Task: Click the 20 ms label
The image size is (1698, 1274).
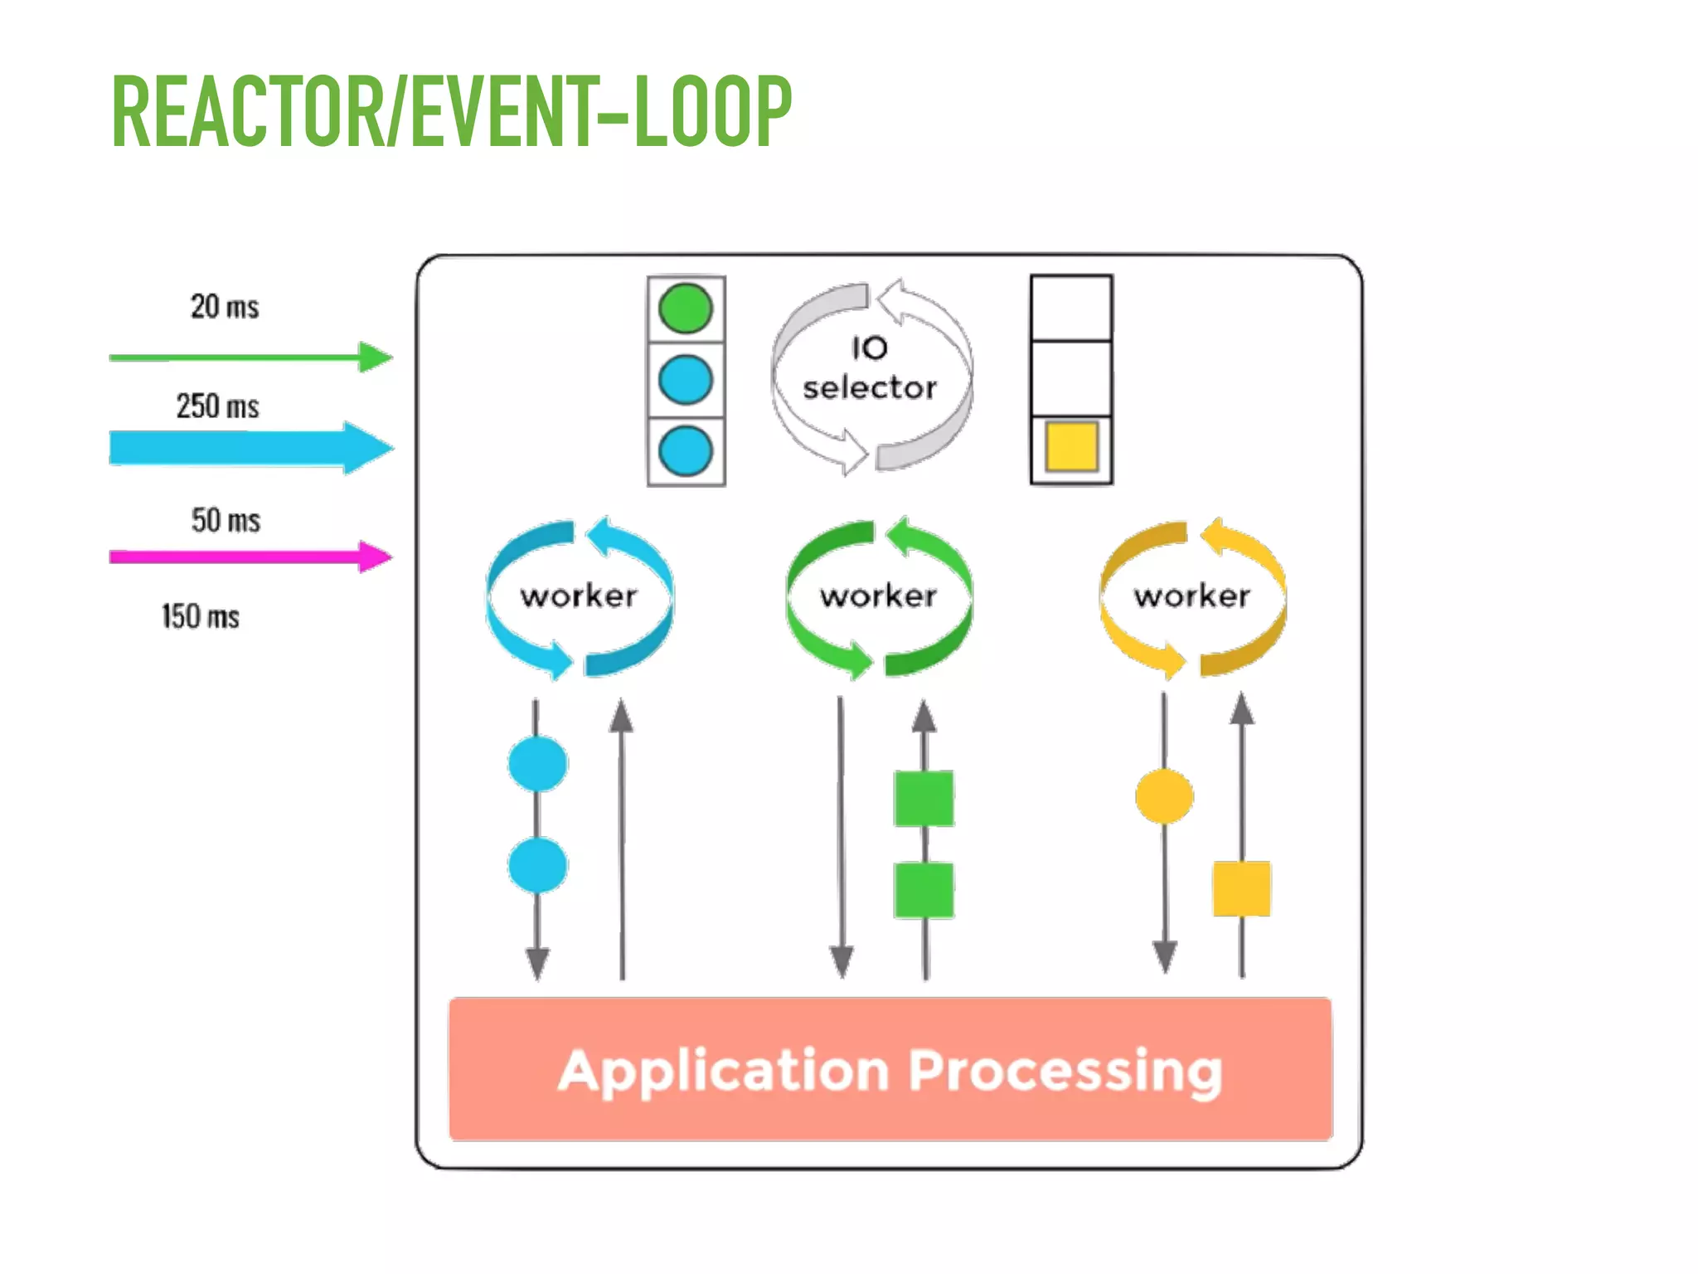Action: pyautogui.click(x=225, y=307)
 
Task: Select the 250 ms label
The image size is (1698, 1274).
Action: pyautogui.click(x=217, y=406)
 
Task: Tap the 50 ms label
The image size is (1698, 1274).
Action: pyautogui.click(x=226, y=521)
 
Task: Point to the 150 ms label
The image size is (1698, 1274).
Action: pyautogui.click(x=201, y=617)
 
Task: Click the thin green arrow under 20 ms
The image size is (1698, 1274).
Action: pyautogui.click(x=249, y=357)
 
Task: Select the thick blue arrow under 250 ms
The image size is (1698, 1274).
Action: pyautogui.click(x=249, y=448)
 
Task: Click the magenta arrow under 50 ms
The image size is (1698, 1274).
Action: pyautogui.click(x=249, y=557)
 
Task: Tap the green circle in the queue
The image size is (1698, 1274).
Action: pyautogui.click(x=686, y=309)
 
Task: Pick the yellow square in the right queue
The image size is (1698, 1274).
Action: pyautogui.click(x=1071, y=447)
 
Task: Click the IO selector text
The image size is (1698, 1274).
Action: pyautogui.click(x=870, y=368)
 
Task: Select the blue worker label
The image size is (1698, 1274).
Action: pyautogui.click(x=579, y=596)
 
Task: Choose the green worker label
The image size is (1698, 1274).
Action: pyautogui.click(x=878, y=596)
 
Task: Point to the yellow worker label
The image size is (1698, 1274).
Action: pyautogui.click(x=1192, y=596)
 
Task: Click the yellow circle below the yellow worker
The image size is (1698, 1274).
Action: pyautogui.click(x=1164, y=796)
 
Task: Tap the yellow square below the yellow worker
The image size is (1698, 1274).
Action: pyautogui.click(x=1241, y=888)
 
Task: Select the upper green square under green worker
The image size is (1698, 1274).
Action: pyautogui.click(x=924, y=798)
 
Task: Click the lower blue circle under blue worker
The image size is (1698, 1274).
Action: pyautogui.click(x=537, y=865)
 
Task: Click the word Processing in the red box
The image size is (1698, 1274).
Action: pyautogui.click(x=1065, y=1072)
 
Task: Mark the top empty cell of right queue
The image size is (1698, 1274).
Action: pyautogui.click(x=1071, y=308)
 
